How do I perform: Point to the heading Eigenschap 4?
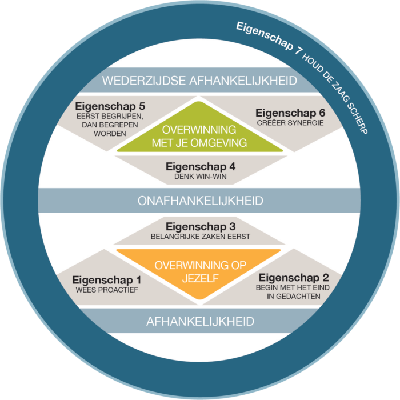point(200,167)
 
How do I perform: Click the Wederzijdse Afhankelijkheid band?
point(200,80)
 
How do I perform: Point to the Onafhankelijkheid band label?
point(200,201)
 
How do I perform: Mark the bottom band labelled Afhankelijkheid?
point(200,321)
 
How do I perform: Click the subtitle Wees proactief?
point(107,290)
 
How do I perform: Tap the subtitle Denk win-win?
point(200,177)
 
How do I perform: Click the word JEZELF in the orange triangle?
point(200,279)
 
